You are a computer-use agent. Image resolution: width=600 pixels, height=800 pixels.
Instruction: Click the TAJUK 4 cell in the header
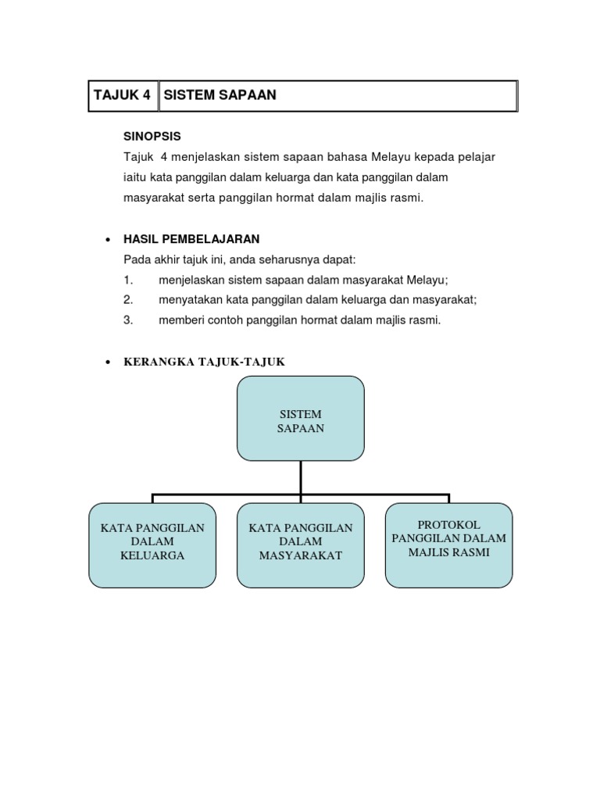click(122, 96)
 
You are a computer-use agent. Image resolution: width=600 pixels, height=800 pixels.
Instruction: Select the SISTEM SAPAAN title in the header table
click(220, 96)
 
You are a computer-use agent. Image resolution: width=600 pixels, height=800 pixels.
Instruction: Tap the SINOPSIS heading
click(152, 136)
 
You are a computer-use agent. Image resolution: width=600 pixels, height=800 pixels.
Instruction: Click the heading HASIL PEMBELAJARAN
click(191, 238)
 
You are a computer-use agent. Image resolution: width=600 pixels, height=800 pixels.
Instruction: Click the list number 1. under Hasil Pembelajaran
click(129, 280)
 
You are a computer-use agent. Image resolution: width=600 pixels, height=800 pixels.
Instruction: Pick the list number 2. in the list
click(129, 299)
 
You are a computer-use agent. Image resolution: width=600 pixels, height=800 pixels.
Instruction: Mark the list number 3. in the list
click(129, 320)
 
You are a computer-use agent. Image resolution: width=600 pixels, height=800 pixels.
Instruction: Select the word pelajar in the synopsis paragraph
click(477, 157)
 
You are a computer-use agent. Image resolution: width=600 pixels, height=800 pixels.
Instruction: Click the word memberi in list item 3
click(179, 320)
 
